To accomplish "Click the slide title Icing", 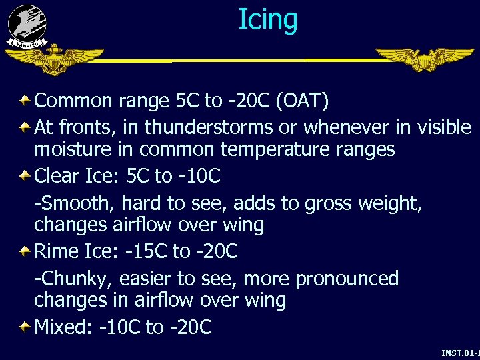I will coord(268,19).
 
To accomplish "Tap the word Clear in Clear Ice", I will coord(57,176).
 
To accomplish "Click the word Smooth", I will coord(73,202).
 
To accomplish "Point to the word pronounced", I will coord(347,279).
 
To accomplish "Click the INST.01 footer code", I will coord(459,351).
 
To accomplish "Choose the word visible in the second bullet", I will coord(443,126).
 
